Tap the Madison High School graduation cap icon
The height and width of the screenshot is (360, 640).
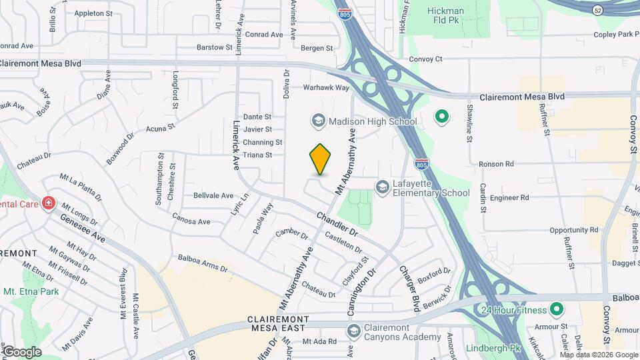click(317, 121)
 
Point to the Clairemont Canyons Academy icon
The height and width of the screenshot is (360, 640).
click(354, 331)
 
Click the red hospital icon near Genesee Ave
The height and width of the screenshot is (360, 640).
click(48, 203)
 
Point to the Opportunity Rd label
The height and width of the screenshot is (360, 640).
click(574, 230)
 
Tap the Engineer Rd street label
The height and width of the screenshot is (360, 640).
click(509, 198)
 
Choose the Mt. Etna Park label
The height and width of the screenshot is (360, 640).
click(31, 291)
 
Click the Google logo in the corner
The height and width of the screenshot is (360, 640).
click(21, 351)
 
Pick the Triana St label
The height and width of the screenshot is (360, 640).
click(258, 155)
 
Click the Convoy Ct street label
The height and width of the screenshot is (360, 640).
click(425, 59)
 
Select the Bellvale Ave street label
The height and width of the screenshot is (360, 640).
click(213, 196)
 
